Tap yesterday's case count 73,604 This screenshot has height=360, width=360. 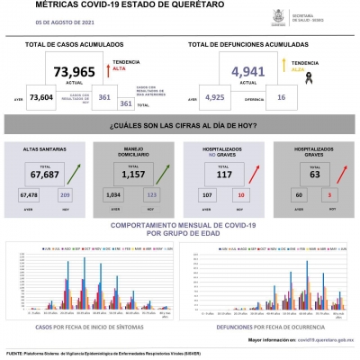(x=41, y=98)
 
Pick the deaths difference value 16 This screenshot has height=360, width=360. (x=282, y=98)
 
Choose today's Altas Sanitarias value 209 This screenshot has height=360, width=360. (x=64, y=193)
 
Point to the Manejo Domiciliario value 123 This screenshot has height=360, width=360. (x=150, y=193)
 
